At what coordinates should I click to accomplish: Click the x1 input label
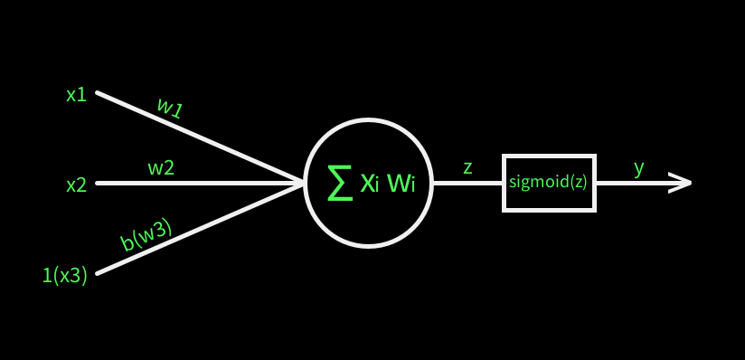tap(76, 94)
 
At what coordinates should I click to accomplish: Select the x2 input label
tap(76, 185)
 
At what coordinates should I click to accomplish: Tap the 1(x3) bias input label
tap(64, 276)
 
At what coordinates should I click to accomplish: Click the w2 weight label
tap(161, 167)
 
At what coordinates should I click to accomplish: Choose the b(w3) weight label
tap(146, 234)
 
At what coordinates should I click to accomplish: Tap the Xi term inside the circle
tap(370, 184)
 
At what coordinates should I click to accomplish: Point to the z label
tap(467, 167)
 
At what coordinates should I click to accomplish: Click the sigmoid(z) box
tap(549, 183)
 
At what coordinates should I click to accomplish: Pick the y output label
tap(638, 167)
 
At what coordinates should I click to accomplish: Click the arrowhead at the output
tap(682, 183)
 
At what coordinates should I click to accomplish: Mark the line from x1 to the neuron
tap(199, 137)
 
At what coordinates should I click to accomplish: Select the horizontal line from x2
tap(199, 183)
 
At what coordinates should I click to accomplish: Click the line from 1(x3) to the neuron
tap(199, 228)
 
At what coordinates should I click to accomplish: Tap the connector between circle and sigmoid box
tap(467, 183)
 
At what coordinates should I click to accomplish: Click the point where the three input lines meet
tap(301, 183)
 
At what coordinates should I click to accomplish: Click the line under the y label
tap(633, 183)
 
